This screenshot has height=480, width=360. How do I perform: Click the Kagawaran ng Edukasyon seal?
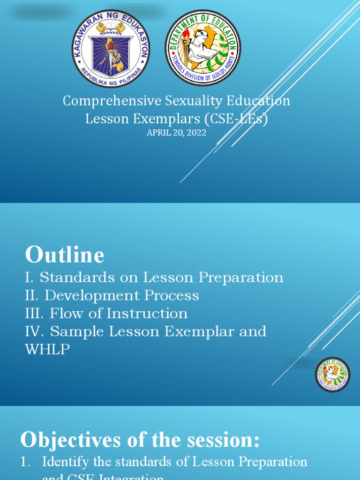[x=111, y=48]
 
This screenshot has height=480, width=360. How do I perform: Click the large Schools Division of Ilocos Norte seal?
[x=202, y=48]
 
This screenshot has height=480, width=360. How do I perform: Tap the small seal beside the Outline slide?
[x=332, y=375]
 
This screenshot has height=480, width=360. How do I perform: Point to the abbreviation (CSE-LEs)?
[x=239, y=119]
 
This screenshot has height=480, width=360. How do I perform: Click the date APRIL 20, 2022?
[x=176, y=133]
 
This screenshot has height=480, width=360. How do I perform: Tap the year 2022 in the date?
[x=197, y=133]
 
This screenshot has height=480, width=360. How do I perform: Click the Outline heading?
[x=65, y=255]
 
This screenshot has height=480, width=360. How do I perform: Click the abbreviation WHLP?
[x=47, y=350]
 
